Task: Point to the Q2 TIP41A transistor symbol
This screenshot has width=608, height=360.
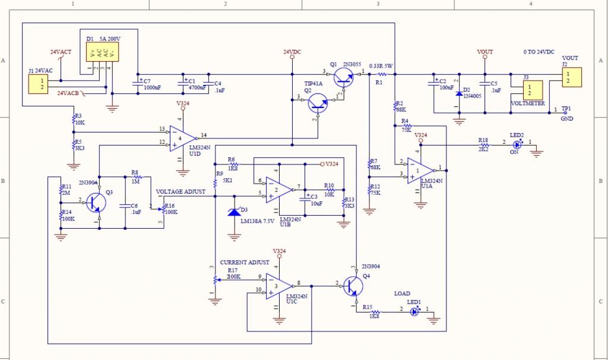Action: coord(319,105)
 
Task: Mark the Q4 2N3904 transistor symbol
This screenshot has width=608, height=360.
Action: coord(354,286)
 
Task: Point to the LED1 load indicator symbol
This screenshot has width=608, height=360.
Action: coord(414,311)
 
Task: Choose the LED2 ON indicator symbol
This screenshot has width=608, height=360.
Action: coord(517,144)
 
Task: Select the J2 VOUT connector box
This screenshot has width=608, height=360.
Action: coord(572,77)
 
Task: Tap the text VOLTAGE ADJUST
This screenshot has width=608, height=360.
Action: coord(180,192)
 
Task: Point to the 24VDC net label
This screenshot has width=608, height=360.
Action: coord(292,52)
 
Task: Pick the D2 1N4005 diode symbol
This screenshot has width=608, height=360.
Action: coord(458,94)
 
